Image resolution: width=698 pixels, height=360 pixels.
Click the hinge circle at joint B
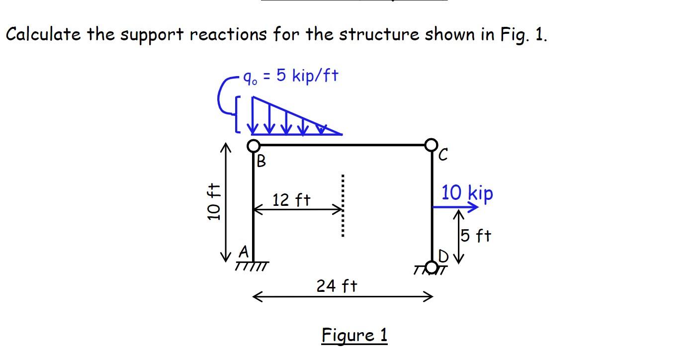(x=254, y=146)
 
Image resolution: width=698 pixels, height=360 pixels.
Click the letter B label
(x=261, y=161)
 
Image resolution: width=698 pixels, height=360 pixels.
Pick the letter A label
(x=243, y=253)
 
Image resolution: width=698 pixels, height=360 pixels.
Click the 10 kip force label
(x=467, y=193)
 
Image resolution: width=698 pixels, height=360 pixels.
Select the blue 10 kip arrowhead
(x=472, y=207)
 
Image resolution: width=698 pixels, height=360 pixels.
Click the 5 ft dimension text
(x=476, y=235)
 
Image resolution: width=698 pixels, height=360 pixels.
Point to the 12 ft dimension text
(x=291, y=200)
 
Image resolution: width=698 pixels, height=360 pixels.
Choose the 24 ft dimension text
(x=337, y=286)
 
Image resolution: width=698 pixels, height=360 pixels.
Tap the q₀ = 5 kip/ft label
(x=290, y=77)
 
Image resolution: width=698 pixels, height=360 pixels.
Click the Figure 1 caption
(x=354, y=335)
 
